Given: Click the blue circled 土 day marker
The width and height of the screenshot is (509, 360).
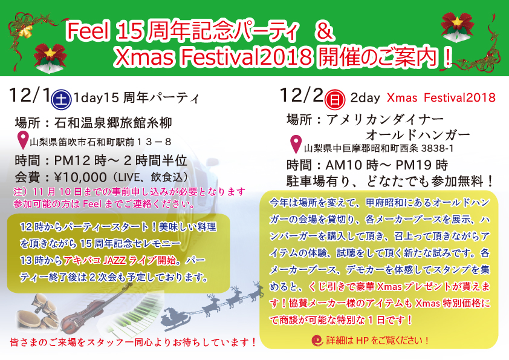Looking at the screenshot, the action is pyautogui.click(x=61, y=99).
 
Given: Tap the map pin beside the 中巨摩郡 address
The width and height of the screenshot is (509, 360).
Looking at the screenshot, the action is pyautogui.click(x=296, y=144).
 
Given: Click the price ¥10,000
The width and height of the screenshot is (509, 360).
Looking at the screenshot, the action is pyautogui.click(x=80, y=177).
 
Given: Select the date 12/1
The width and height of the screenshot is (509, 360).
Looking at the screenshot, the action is pyautogui.click(x=30, y=96).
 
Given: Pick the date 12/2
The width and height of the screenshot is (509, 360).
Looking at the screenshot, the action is pyautogui.click(x=302, y=95).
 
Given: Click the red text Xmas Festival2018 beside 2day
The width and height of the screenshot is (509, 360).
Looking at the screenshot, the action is pyautogui.click(x=441, y=98).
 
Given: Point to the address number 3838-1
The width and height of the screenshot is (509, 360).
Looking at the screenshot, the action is pyautogui.click(x=437, y=148).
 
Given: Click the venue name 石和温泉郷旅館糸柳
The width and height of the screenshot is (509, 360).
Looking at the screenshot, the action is pyautogui.click(x=113, y=123).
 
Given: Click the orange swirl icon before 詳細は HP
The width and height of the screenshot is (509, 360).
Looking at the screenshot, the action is pyautogui.click(x=317, y=341).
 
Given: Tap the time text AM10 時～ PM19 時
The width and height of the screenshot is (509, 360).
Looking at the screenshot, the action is pyautogui.click(x=387, y=165).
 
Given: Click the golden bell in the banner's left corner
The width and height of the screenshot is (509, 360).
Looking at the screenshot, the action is pyautogui.click(x=25, y=31).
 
